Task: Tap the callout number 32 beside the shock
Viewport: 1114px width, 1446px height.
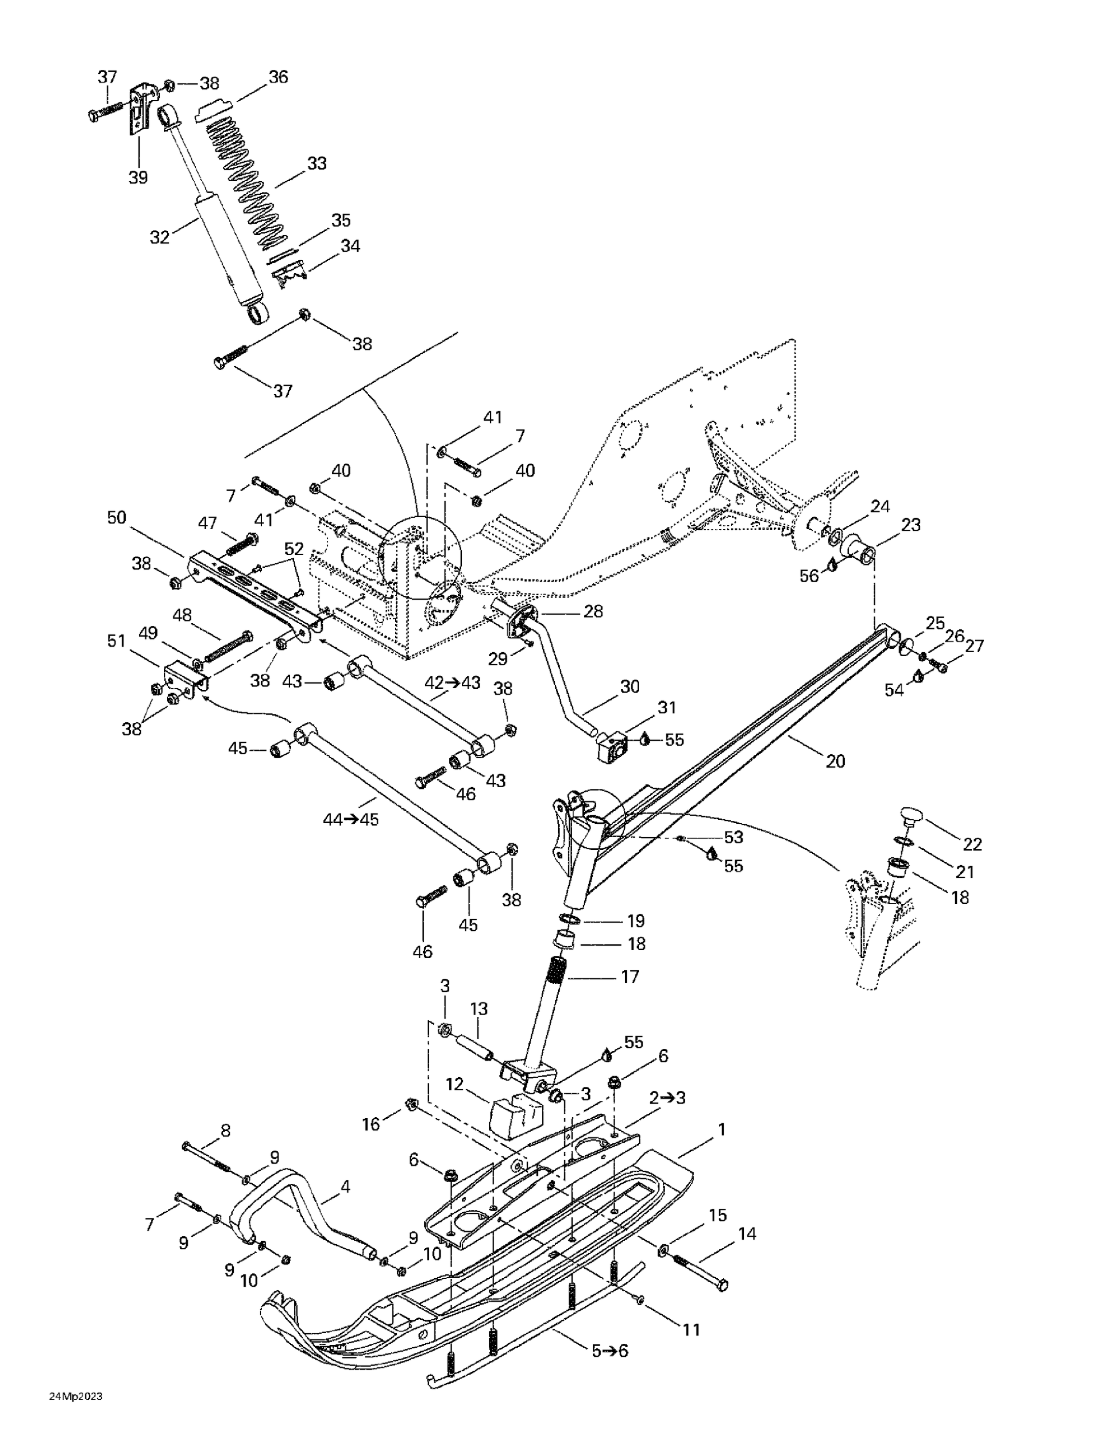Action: pos(160,238)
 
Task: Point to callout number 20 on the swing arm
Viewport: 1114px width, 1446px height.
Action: pos(836,762)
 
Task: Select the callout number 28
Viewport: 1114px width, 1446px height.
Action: pos(593,611)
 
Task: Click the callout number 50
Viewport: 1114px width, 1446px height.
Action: pos(117,518)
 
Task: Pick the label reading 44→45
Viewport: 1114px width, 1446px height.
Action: pos(350,820)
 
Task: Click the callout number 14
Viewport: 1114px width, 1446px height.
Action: pos(747,1233)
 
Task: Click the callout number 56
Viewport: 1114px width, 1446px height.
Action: pos(809,576)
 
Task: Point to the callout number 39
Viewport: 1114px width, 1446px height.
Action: pos(138,177)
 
